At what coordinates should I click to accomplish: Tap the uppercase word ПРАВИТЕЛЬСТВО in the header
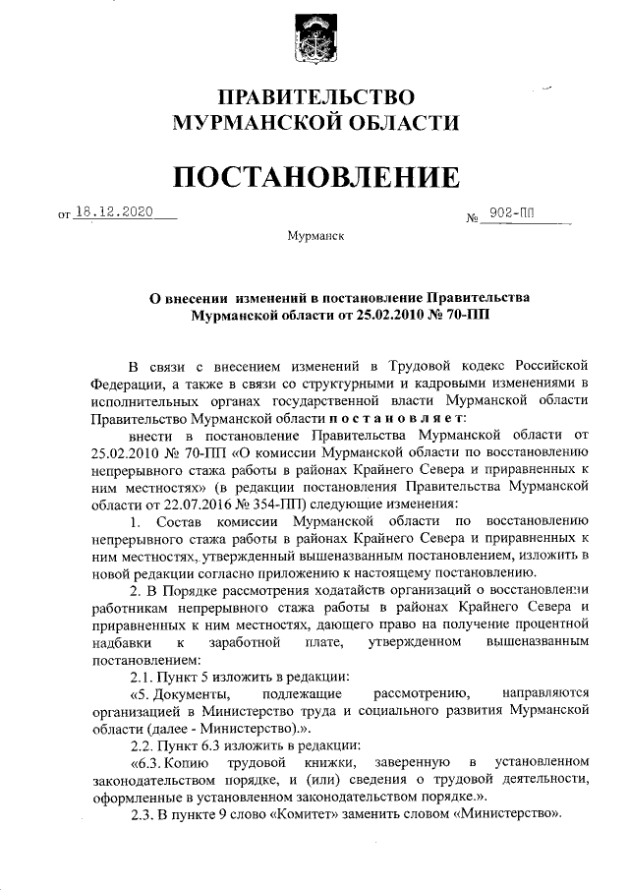315,97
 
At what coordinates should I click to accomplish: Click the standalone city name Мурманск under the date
315,238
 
